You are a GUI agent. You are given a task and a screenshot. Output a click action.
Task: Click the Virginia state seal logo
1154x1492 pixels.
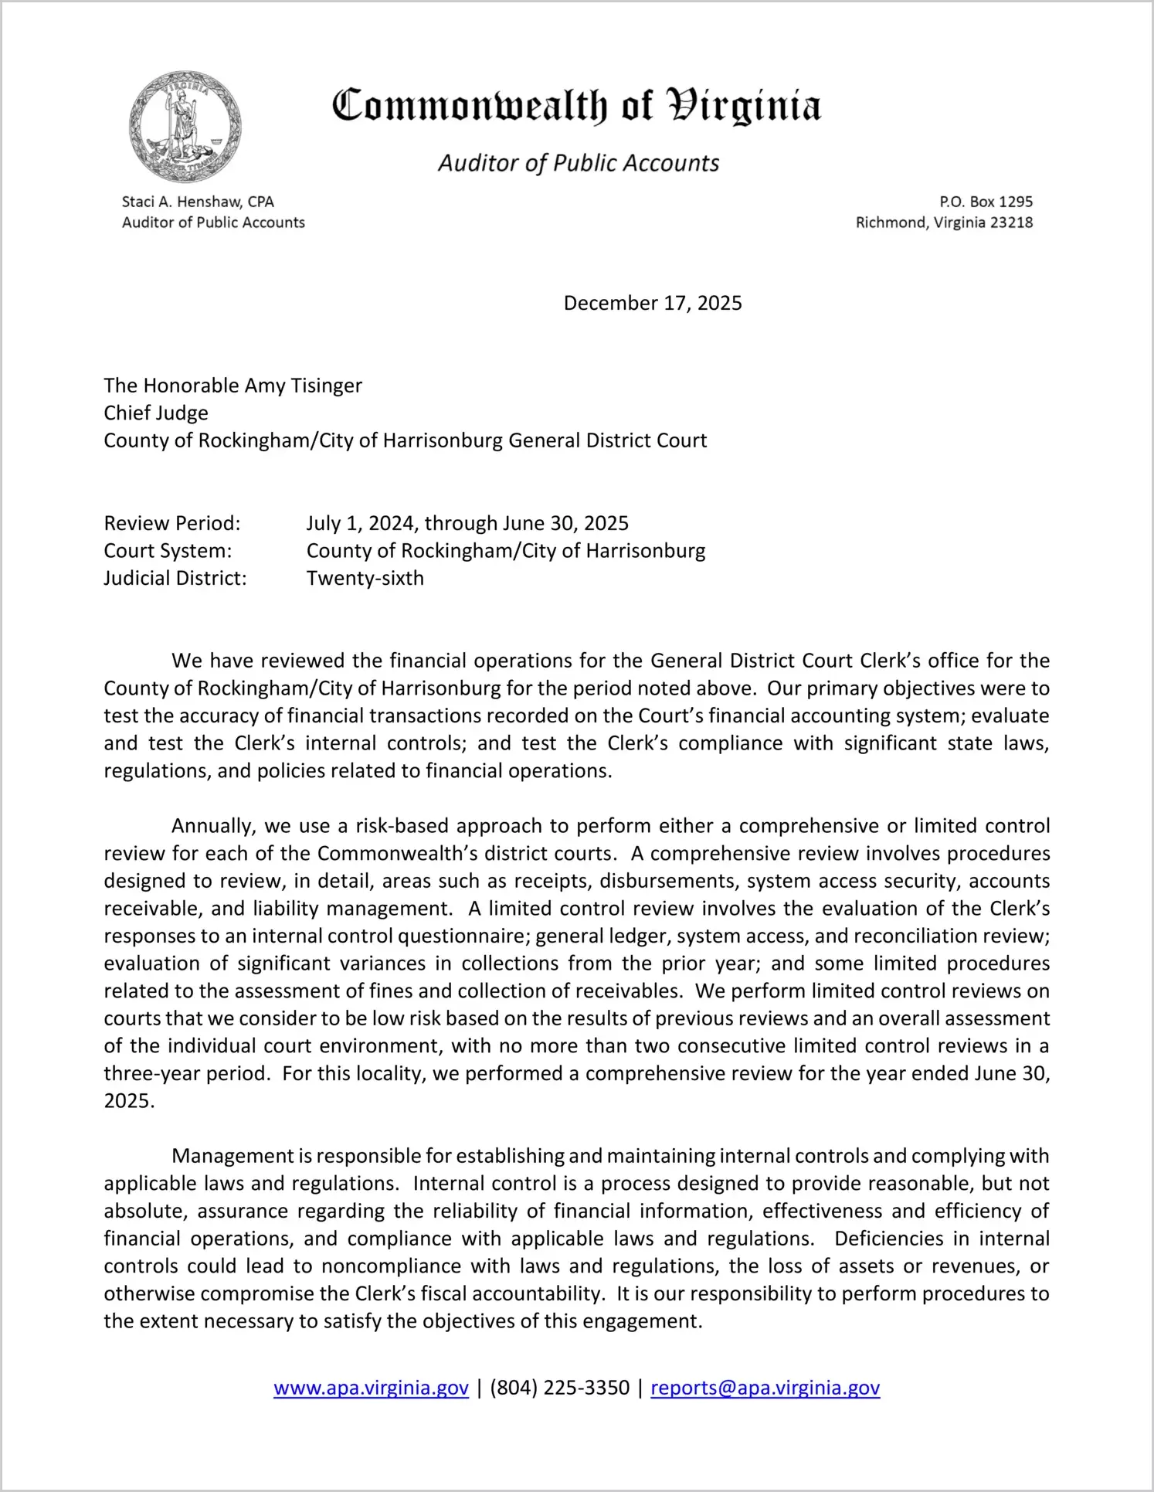[185, 127]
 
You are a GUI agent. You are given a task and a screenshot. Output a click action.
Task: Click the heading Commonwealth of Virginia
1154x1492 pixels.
[576, 107]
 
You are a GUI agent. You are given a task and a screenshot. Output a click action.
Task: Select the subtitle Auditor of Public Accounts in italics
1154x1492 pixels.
[579, 163]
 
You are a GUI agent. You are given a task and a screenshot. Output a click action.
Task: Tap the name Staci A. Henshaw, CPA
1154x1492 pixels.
[198, 202]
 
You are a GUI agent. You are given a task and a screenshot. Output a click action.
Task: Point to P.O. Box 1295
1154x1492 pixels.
[986, 202]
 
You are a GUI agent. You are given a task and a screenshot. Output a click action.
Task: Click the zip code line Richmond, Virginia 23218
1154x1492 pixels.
[944, 223]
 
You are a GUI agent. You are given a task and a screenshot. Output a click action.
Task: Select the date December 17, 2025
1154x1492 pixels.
[653, 303]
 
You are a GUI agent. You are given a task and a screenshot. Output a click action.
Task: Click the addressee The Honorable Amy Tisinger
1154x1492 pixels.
[232, 386]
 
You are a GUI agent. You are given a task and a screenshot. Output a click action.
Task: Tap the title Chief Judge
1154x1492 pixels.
[156, 413]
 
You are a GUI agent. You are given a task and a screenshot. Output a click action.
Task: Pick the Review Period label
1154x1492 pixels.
[172, 523]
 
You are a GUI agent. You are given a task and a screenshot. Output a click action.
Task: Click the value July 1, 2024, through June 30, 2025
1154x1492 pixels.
[467, 523]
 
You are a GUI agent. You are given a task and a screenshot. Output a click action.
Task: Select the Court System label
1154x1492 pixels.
[168, 551]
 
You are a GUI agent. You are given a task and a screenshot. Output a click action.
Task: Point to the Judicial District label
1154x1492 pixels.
[175, 578]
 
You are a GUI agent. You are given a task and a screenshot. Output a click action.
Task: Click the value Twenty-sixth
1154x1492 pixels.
[365, 578]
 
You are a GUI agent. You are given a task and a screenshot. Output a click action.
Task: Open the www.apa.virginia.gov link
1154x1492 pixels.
[371, 1388]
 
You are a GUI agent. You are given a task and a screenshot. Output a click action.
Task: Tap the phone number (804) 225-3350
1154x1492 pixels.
[559, 1388]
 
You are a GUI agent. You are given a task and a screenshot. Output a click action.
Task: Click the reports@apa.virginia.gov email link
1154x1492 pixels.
[765, 1388]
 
